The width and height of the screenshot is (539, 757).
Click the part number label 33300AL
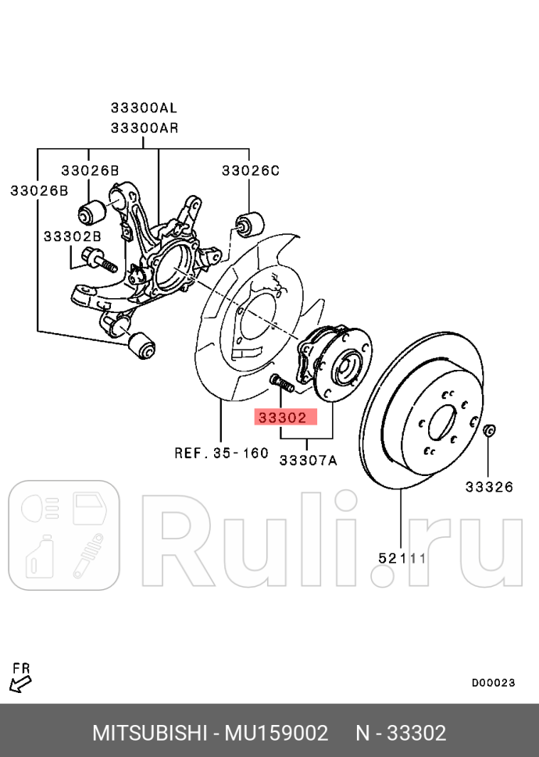click(x=145, y=108)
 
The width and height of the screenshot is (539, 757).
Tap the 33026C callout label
click(x=249, y=170)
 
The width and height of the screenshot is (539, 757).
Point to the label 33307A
click(x=308, y=460)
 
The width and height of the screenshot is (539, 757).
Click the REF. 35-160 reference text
click(x=220, y=453)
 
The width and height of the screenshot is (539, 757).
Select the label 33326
click(x=489, y=488)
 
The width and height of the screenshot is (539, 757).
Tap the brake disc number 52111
click(x=402, y=558)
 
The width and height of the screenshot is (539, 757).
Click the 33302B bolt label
click(x=72, y=235)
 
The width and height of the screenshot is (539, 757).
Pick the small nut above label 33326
click(x=490, y=430)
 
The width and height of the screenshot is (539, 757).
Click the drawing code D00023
click(x=493, y=682)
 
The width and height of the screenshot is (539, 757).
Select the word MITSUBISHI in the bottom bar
click(x=148, y=734)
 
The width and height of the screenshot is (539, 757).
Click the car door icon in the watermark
click(x=93, y=508)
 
